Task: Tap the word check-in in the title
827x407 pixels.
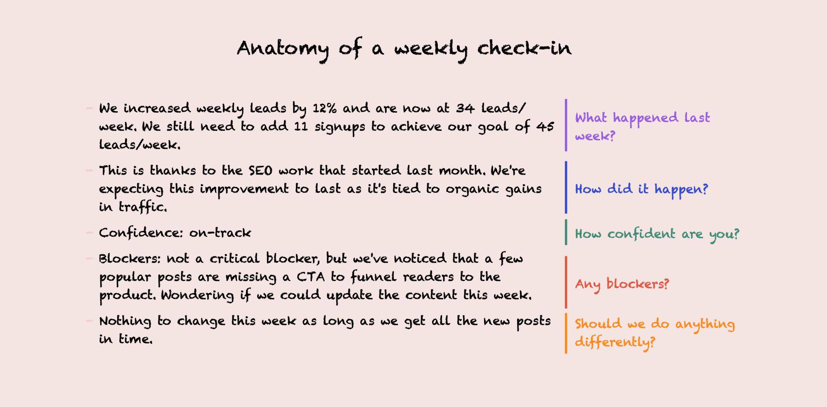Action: pos(524,48)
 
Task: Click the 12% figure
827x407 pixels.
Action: pos(324,108)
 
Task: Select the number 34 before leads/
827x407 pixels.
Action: pos(465,108)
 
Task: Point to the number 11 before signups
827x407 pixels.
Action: pos(301,126)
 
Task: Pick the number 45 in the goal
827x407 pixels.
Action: pos(545,126)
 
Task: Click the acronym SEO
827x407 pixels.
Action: pos(260,170)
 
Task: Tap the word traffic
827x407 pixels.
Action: pos(142,207)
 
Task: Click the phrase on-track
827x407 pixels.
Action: pos(220,233)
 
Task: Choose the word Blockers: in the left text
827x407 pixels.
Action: pos(130,259)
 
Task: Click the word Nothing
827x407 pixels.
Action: pos(125,321)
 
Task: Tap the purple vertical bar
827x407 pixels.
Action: pos(566,125)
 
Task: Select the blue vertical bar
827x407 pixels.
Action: pos(566,187)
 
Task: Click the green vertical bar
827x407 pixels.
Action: pos(566,232)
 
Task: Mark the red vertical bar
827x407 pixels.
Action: pos(566,282)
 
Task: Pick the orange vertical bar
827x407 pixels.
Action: pos(566,334)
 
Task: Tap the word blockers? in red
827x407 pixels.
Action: pos(638,284)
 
